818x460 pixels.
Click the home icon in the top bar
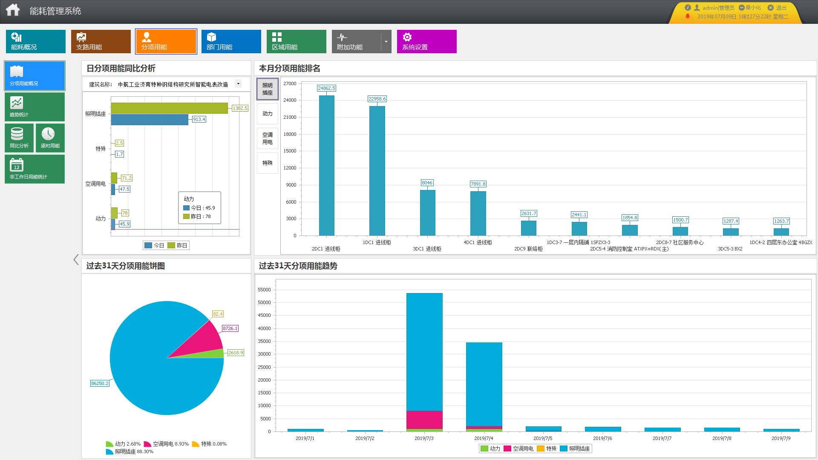[13, 10]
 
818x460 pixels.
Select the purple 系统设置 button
[426, 41]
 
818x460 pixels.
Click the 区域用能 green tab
[296, 41]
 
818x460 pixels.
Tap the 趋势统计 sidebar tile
[35, 107]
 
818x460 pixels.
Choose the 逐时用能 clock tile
[50, 138]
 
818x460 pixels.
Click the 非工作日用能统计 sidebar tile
[35, 169]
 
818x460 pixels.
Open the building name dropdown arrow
[238, 84]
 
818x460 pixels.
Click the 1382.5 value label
[240, 108]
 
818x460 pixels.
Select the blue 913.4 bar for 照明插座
[149, 120]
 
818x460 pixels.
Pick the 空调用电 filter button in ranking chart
[267, 138]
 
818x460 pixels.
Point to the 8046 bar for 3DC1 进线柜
[427, 213]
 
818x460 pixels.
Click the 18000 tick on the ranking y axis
[290, 134]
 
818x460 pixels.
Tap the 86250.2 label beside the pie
[100, 383]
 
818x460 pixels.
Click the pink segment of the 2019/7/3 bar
[424, 420]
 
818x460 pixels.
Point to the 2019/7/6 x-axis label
[602, 438]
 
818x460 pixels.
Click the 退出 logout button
[778, 8]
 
